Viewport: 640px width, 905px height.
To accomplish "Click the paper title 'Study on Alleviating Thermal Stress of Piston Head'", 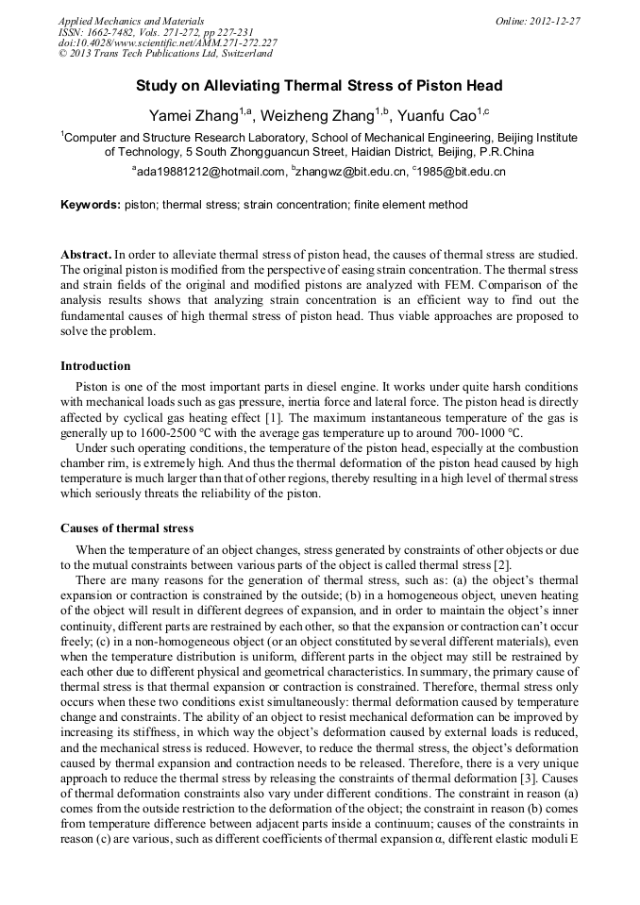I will [x=319, y=86].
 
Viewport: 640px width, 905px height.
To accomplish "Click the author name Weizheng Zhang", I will [x=316, y=116].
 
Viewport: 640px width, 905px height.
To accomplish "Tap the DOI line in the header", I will [x=167, y=42].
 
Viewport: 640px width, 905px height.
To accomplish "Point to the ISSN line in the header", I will [x=156, y=31].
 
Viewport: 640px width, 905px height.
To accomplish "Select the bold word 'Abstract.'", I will [x=86, y=255].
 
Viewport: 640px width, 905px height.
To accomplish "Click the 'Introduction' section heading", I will [x=95, y=366].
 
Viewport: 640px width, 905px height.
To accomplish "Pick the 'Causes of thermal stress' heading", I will [x=126, y=528].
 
